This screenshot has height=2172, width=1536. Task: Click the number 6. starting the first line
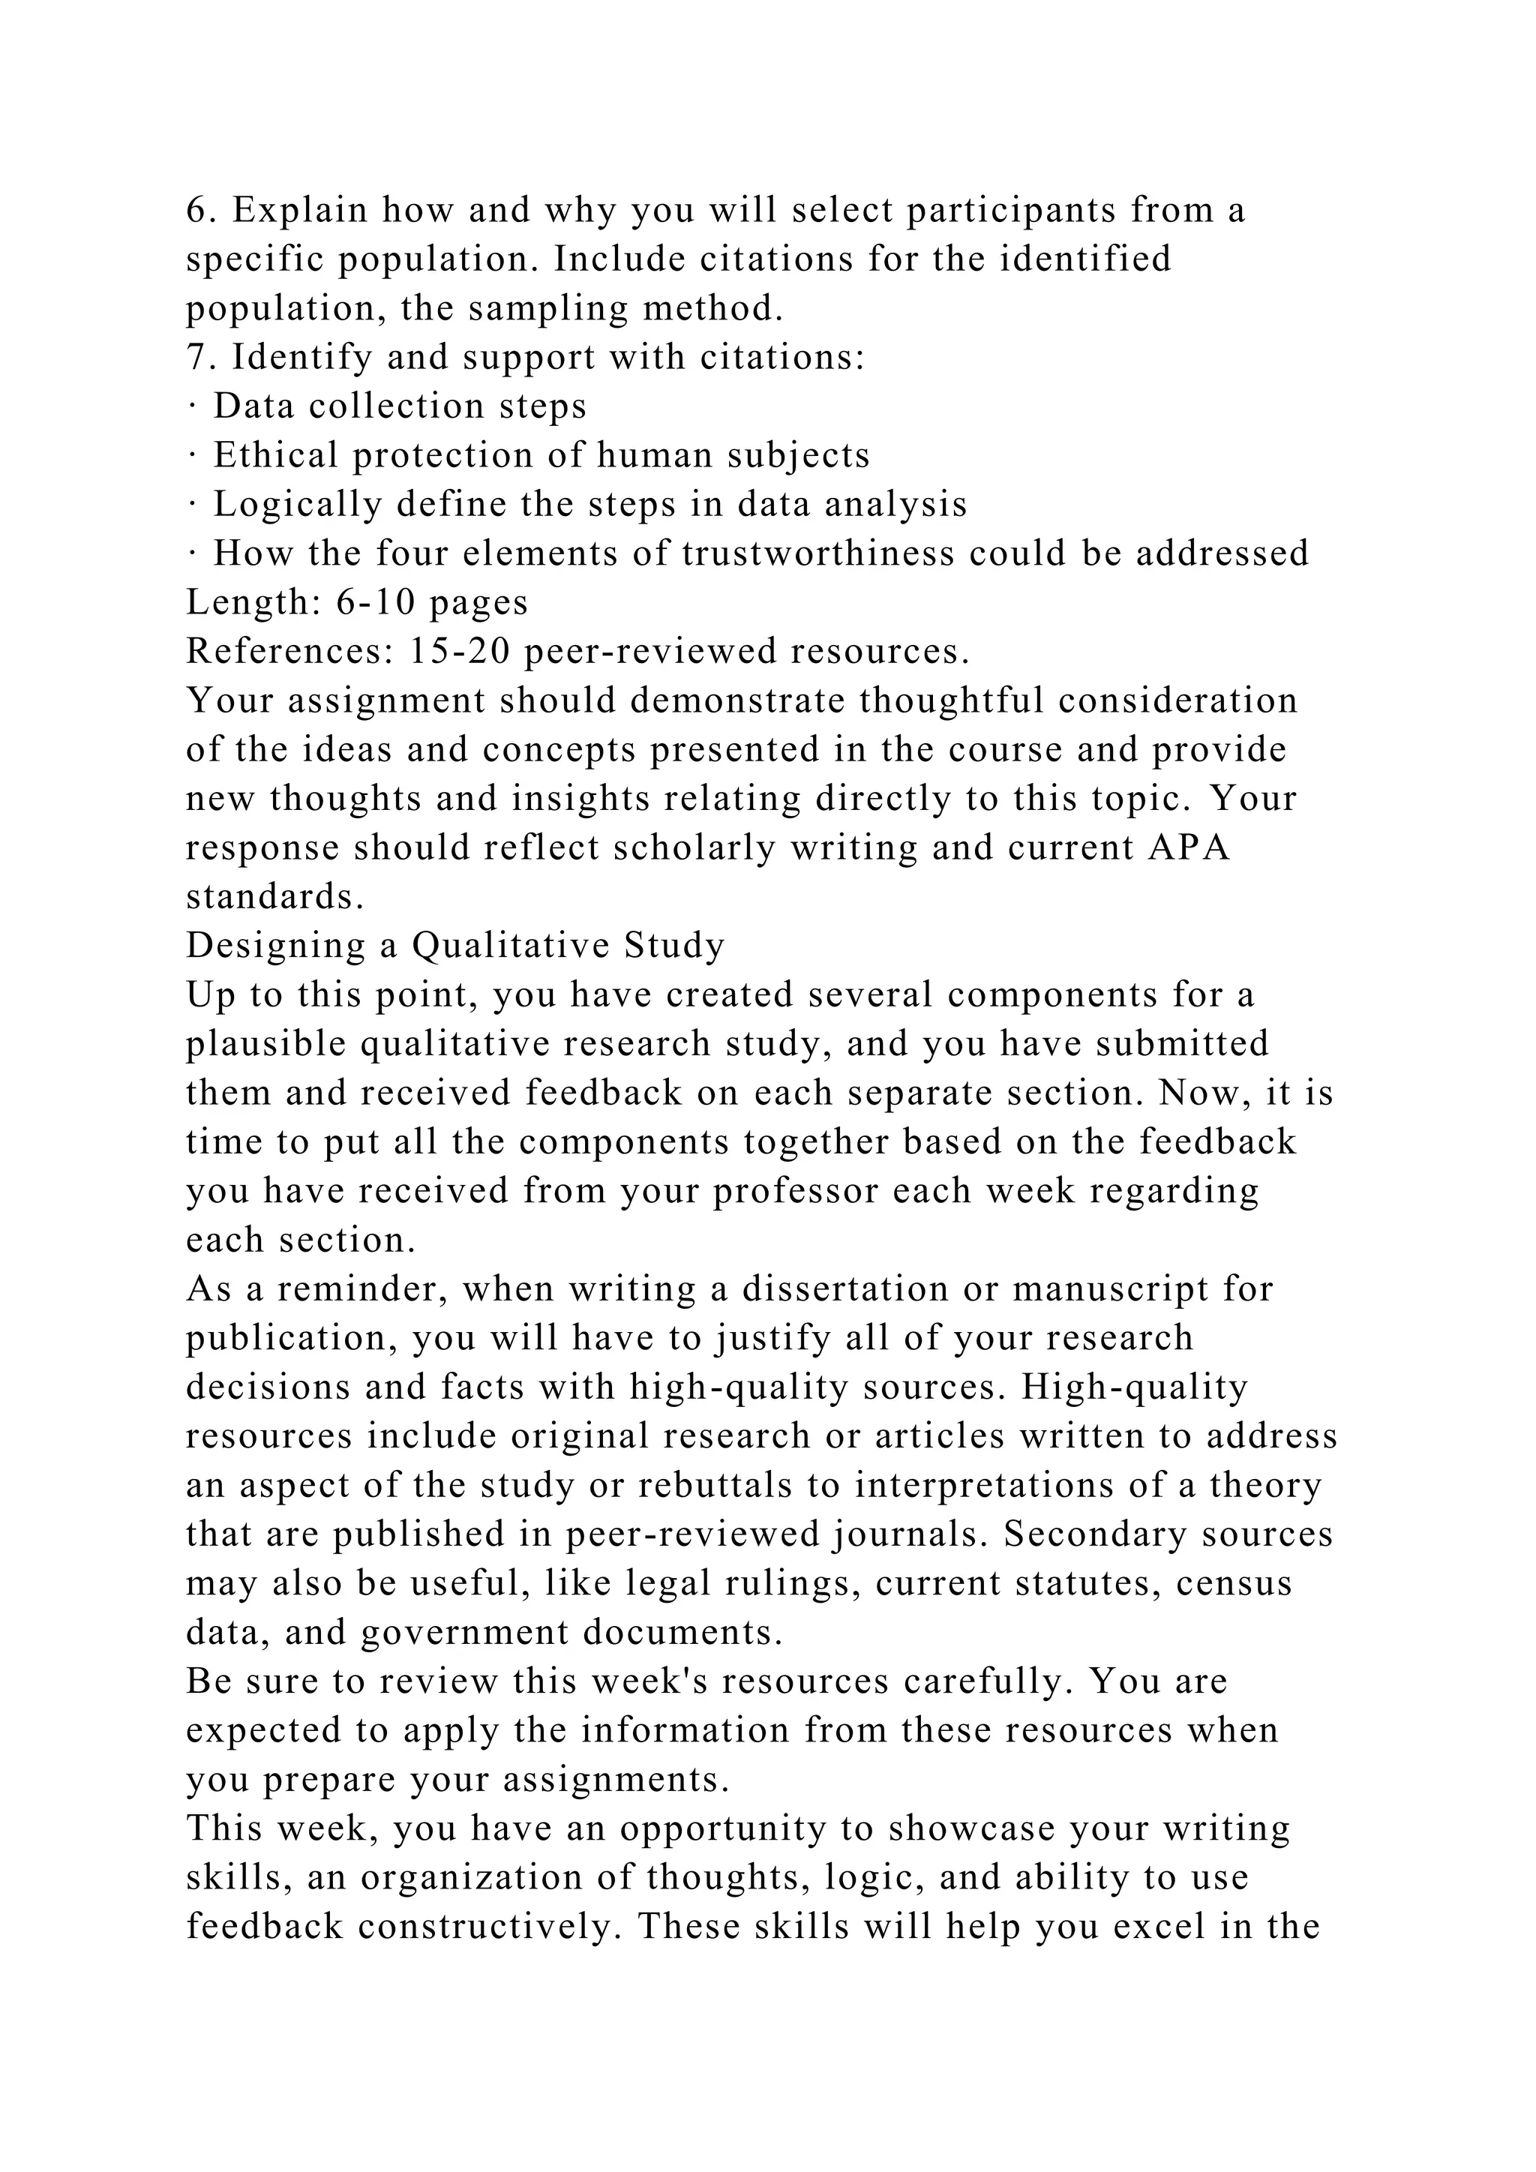click(x=200, y=210)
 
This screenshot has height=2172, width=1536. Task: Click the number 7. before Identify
click(x=200, y=358)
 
